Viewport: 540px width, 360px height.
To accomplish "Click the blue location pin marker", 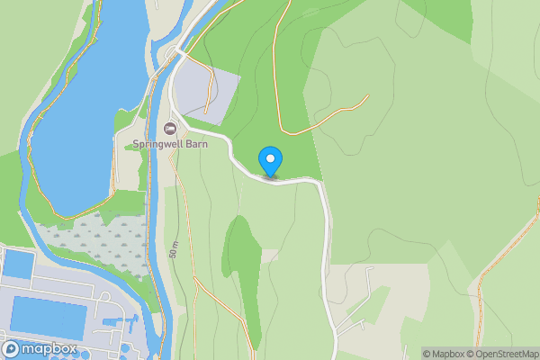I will tap(270, 161).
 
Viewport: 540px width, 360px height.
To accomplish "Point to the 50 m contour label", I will tap(173, 249).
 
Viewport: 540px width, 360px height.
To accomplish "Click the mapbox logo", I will tap(40, 348).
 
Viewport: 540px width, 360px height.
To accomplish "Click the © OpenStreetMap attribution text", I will tap(502, 354).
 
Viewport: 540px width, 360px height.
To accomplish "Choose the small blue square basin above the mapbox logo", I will tap(18, 264).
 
